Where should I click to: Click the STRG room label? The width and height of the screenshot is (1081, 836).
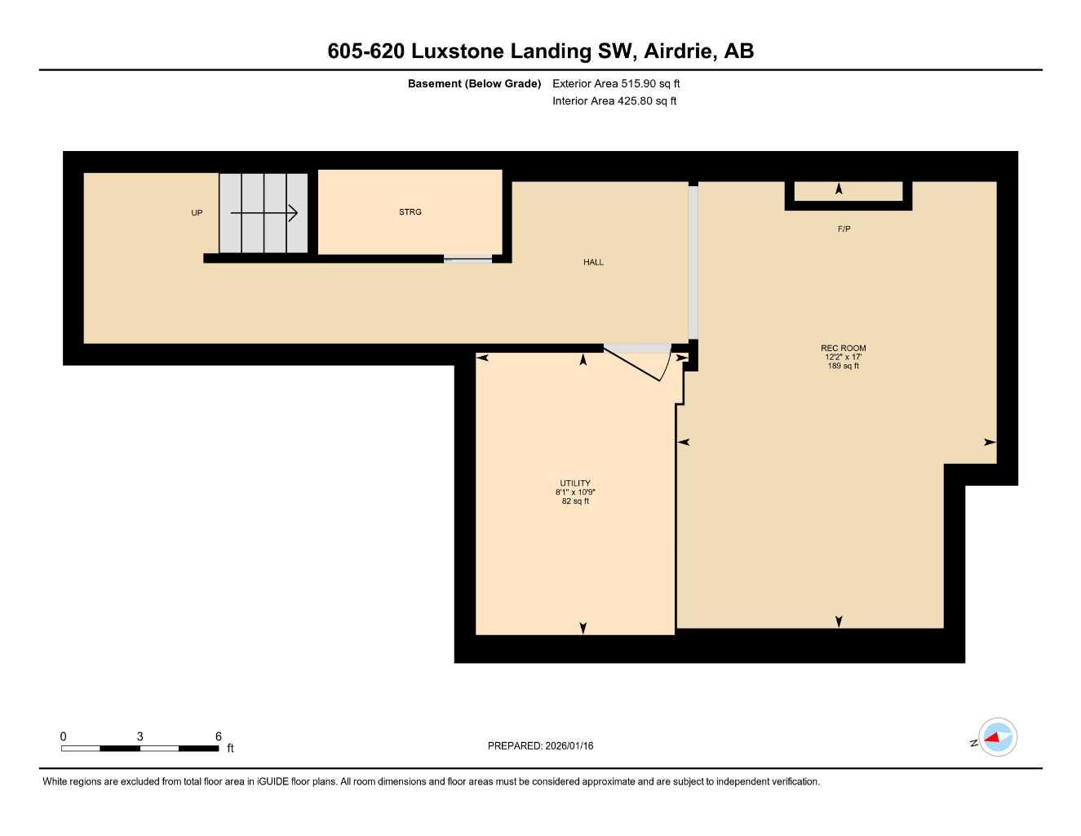(410, 212)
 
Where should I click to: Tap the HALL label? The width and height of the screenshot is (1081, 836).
(593, 262)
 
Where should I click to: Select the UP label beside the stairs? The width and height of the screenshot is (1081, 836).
(197, 213)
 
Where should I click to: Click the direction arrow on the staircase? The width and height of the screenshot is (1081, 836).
(264, 213)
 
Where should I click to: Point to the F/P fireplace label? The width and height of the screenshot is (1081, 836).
(844, 229)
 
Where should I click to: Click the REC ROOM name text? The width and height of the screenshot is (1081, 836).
(844, 348)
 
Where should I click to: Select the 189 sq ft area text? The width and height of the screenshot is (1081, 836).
(844, 366)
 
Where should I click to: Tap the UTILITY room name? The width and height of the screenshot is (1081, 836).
(575, 483)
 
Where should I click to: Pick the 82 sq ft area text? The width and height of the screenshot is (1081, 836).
(575, 501)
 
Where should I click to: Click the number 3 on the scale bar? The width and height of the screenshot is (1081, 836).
(140, 736)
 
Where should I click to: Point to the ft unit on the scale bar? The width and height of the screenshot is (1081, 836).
(231, 748)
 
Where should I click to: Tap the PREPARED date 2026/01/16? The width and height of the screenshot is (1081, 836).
(540, 745)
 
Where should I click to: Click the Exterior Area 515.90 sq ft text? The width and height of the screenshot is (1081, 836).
(616, 83)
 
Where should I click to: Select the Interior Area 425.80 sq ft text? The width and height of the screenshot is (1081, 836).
(614, 101)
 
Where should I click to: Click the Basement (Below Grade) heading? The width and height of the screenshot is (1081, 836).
(474, 83)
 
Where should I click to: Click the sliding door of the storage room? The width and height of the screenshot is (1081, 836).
(467, 260)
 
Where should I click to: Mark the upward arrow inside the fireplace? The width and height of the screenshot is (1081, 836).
(839, 189)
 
